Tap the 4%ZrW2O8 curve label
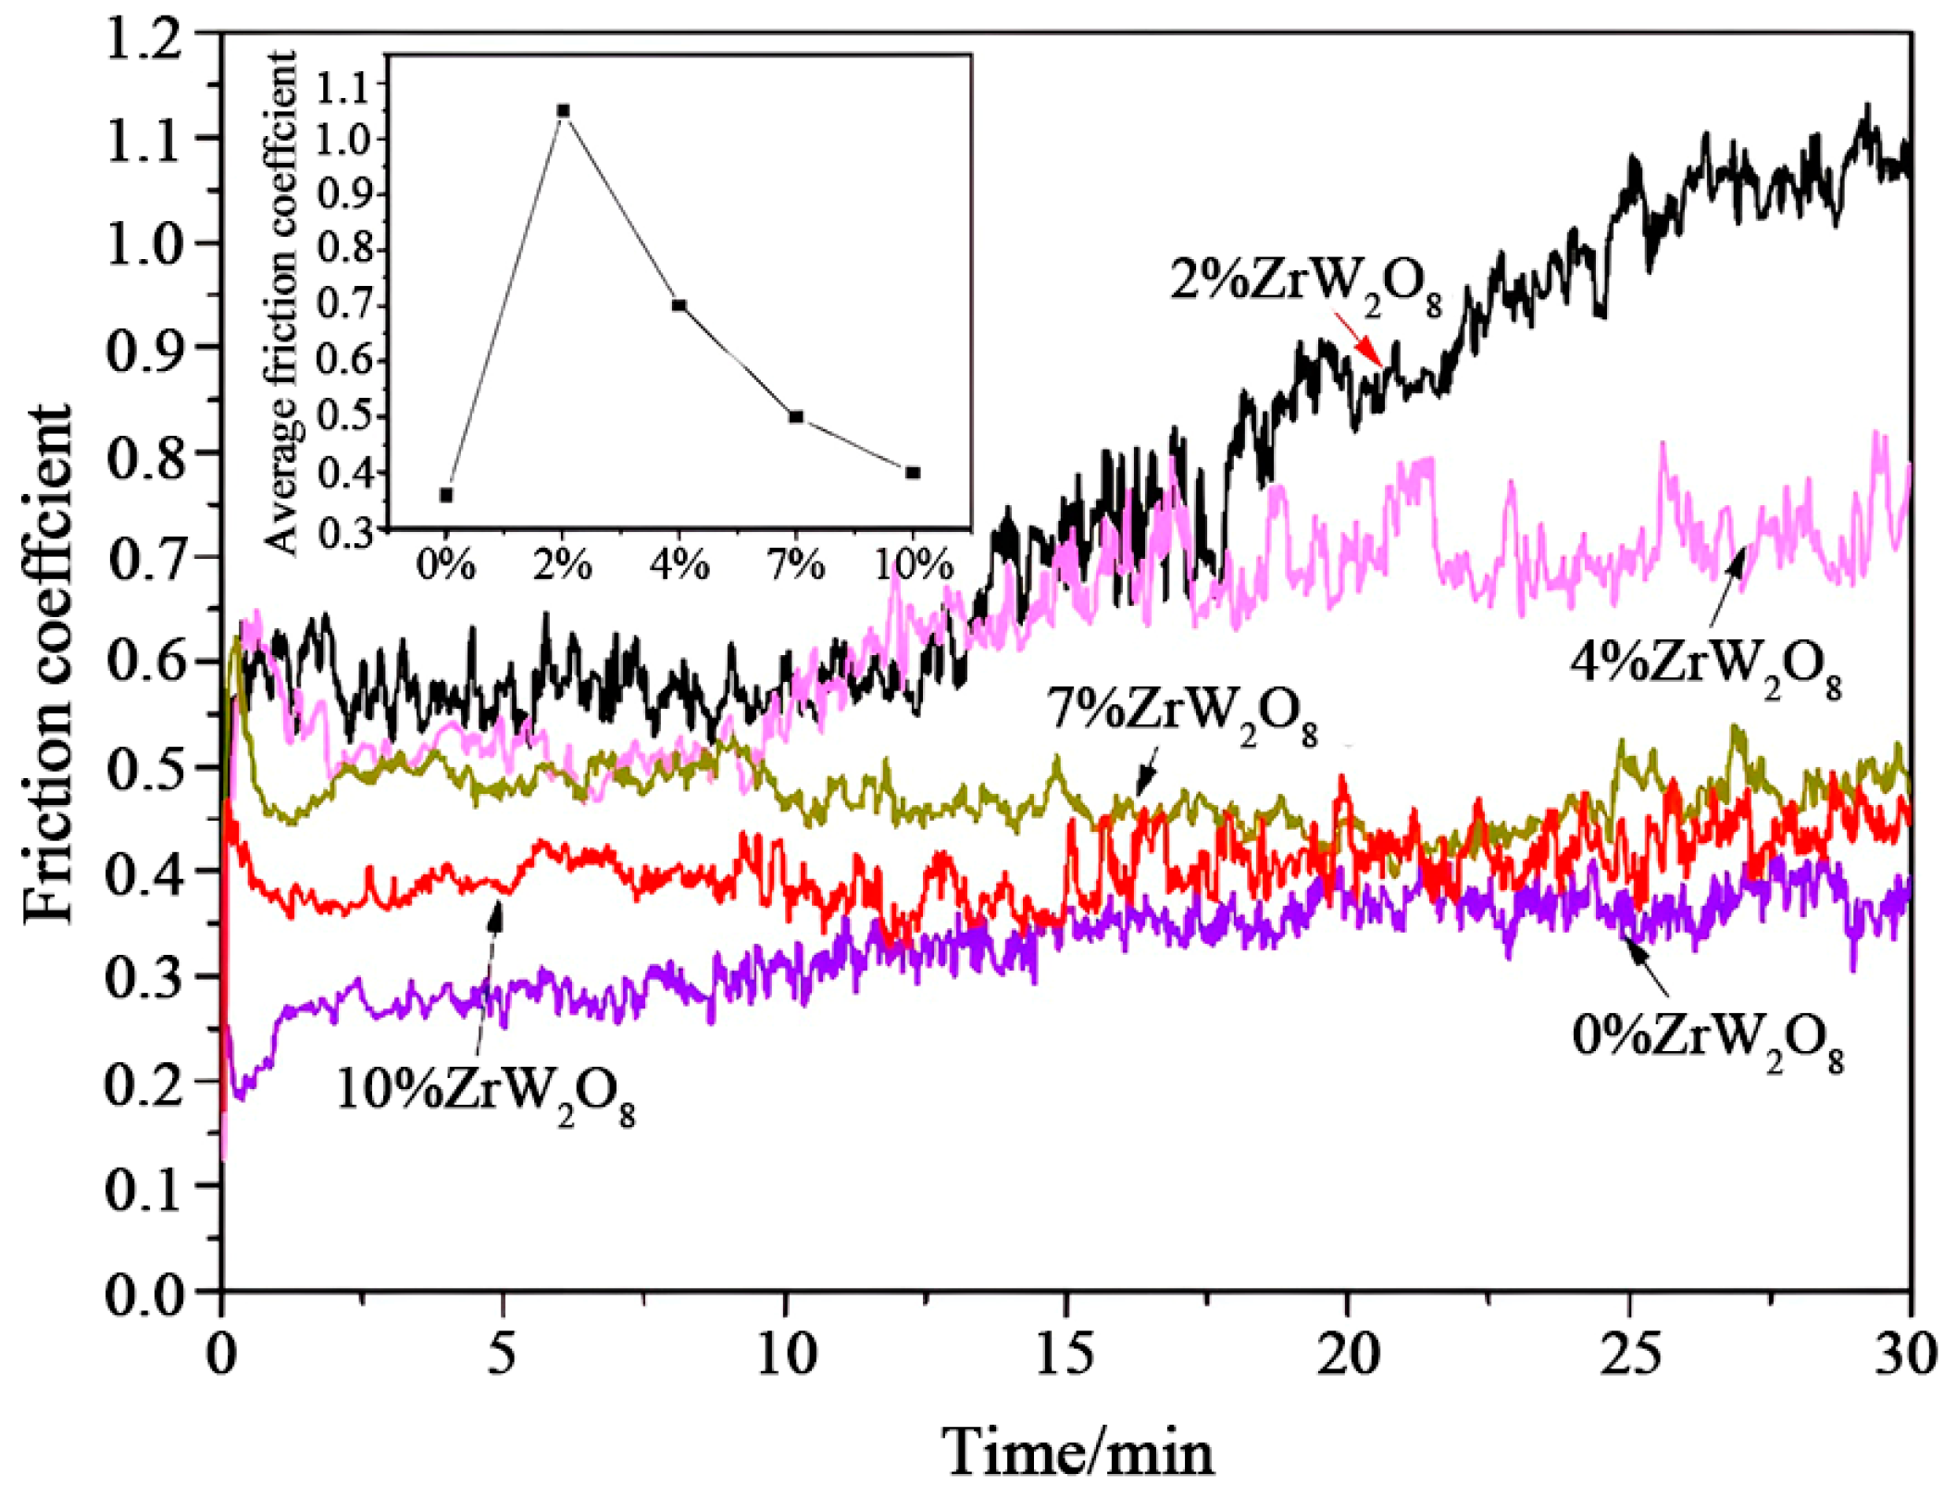pos(1705,664)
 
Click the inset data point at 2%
pos(563,111)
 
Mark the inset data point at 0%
pos(446,495)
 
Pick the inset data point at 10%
pos(913,473)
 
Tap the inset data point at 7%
pos(796,416)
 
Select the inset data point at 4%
pos(679,305)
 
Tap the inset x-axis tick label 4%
pos(679,563)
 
